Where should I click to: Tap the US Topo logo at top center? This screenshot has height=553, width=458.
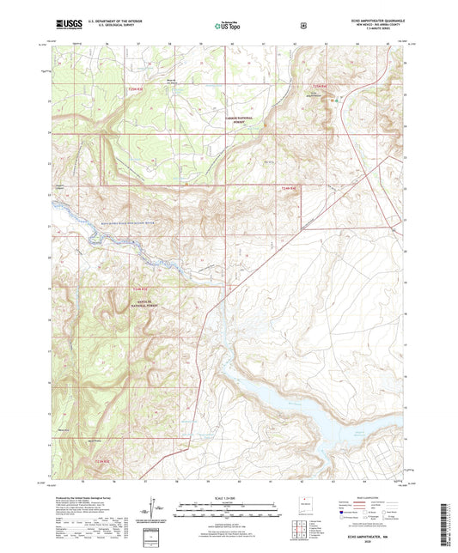click(228, 26)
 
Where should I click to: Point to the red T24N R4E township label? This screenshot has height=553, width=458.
click(288, 186)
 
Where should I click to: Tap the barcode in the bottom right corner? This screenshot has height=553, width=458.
click(444, 526)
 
